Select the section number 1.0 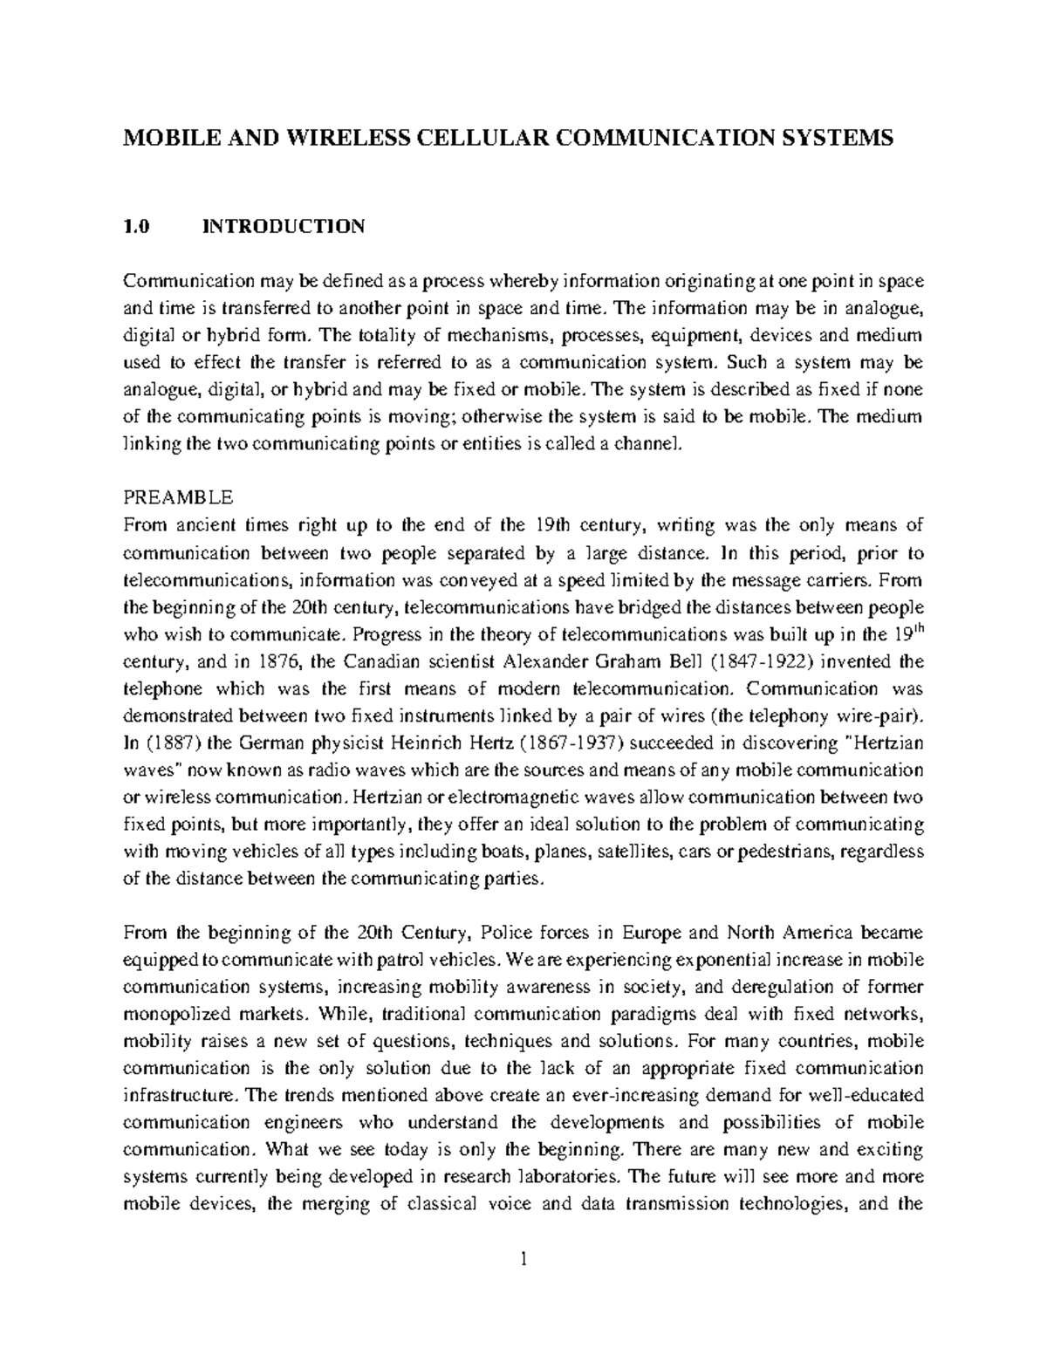pyautogui.click(x=137, y=227)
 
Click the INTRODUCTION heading pyautogui.click(x=284, y=227)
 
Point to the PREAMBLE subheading pyautogui.click(x=178, y=497)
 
